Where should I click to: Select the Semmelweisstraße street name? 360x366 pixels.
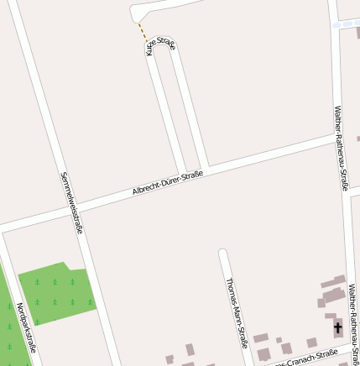coord(71,202)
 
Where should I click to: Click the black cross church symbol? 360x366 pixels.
coord(338,327)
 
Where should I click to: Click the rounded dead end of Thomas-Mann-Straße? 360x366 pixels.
coord(223,253)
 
